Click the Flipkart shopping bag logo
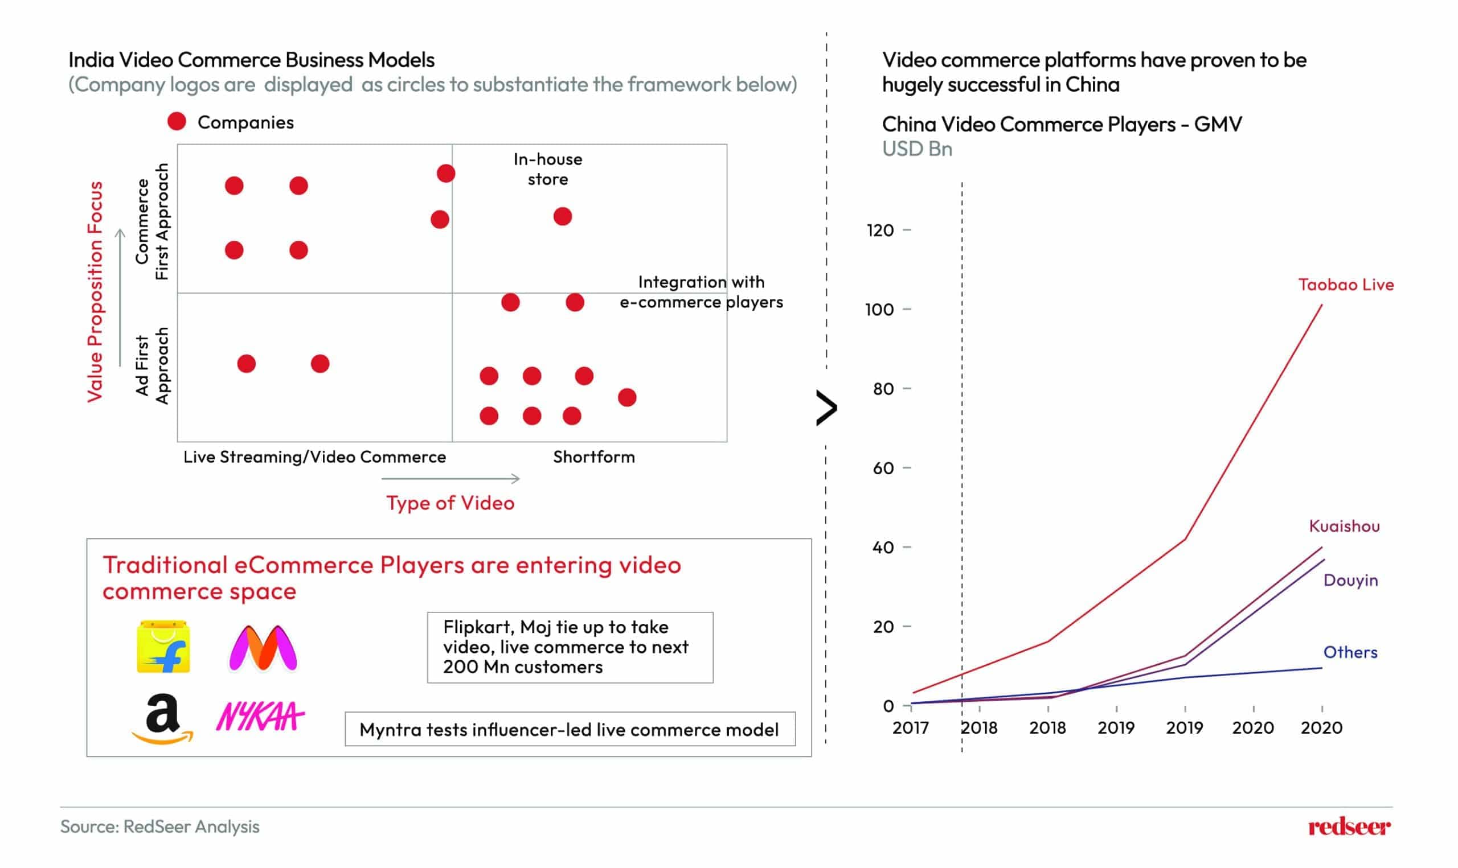163,647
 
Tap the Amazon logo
162,719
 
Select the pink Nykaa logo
260,716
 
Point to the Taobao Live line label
1346,285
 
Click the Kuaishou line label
1344,526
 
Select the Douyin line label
1350,580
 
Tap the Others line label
1350,652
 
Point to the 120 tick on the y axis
880,231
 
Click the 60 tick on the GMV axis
883,468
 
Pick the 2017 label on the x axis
910,728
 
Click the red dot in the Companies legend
177,122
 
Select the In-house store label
548,169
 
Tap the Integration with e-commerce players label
701,292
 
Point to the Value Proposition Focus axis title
95,292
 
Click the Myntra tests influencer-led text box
570,729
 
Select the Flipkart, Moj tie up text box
570,647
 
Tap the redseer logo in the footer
1349,827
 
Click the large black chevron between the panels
826,408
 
